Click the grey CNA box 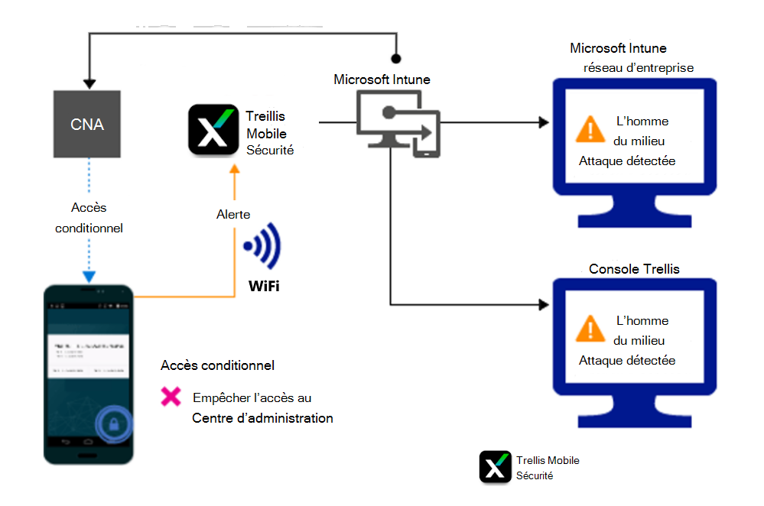pyautogui.click(x=86, y=123)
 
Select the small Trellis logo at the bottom pyautogui.click(x=495, y=467)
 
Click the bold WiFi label pyautogui.click(x=263, y=287)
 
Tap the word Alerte pyautogui.click(x=233, y=215)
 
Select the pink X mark pyautogui.click(x=171, y=397)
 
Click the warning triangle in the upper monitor pyautogui.click(x=590, y=129)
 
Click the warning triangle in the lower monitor pyautogui.click(x=590, y=329)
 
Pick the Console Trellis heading pyautogui.click(x=634, y=269)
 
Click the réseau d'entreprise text pyautogui.click(x=639, y=67)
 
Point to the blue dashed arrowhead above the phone pyautogui.click(x=89, y=277)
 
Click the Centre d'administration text pyautogui.click(x=262, y=418)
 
